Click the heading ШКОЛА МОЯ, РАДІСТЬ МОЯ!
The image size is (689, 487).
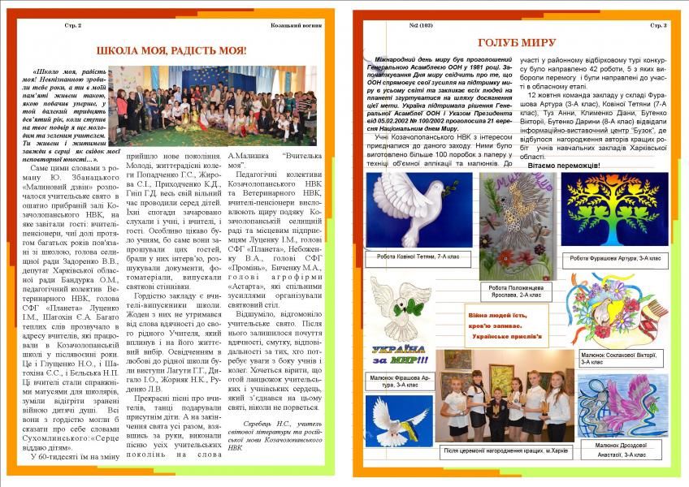(170, 50)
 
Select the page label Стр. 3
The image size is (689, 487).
(657, 26)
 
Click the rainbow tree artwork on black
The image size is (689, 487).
(615, 210)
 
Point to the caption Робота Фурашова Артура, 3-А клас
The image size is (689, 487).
(615, 257)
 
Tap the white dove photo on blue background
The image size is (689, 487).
(398, 422)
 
